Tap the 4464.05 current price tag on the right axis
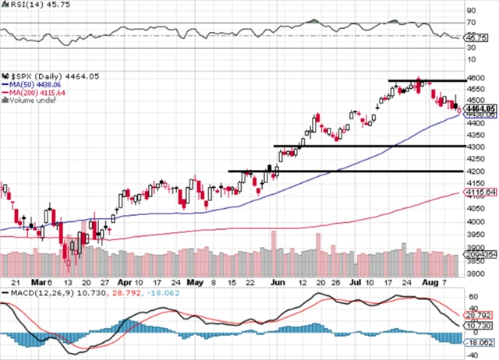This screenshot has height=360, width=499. [482, 109]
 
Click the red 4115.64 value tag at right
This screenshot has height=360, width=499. [482, 192]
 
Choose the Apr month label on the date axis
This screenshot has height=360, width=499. [126, 282]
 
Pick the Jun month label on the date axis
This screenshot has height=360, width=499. [278, 282]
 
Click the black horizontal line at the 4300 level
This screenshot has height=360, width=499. [366, 146]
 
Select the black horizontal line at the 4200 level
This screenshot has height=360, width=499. [343, 171]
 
